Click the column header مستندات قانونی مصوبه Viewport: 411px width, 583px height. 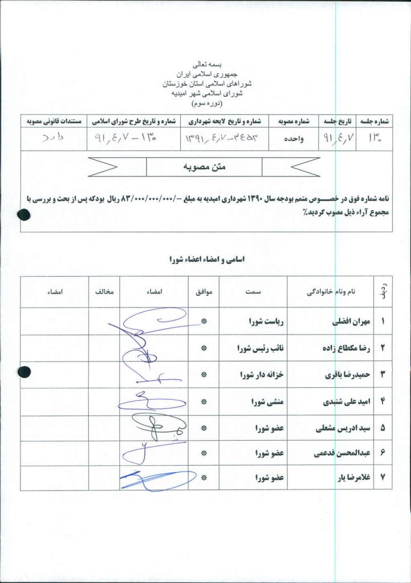point(52,121)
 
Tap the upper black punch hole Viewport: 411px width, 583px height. point(23,215)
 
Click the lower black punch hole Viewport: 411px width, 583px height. point(23,372)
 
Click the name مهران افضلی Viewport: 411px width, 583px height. point(343,322)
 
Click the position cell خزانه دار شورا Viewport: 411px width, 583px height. point(264,376)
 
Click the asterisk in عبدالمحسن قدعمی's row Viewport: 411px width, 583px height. point(204,454)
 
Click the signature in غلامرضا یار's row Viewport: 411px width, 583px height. point(150,479)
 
